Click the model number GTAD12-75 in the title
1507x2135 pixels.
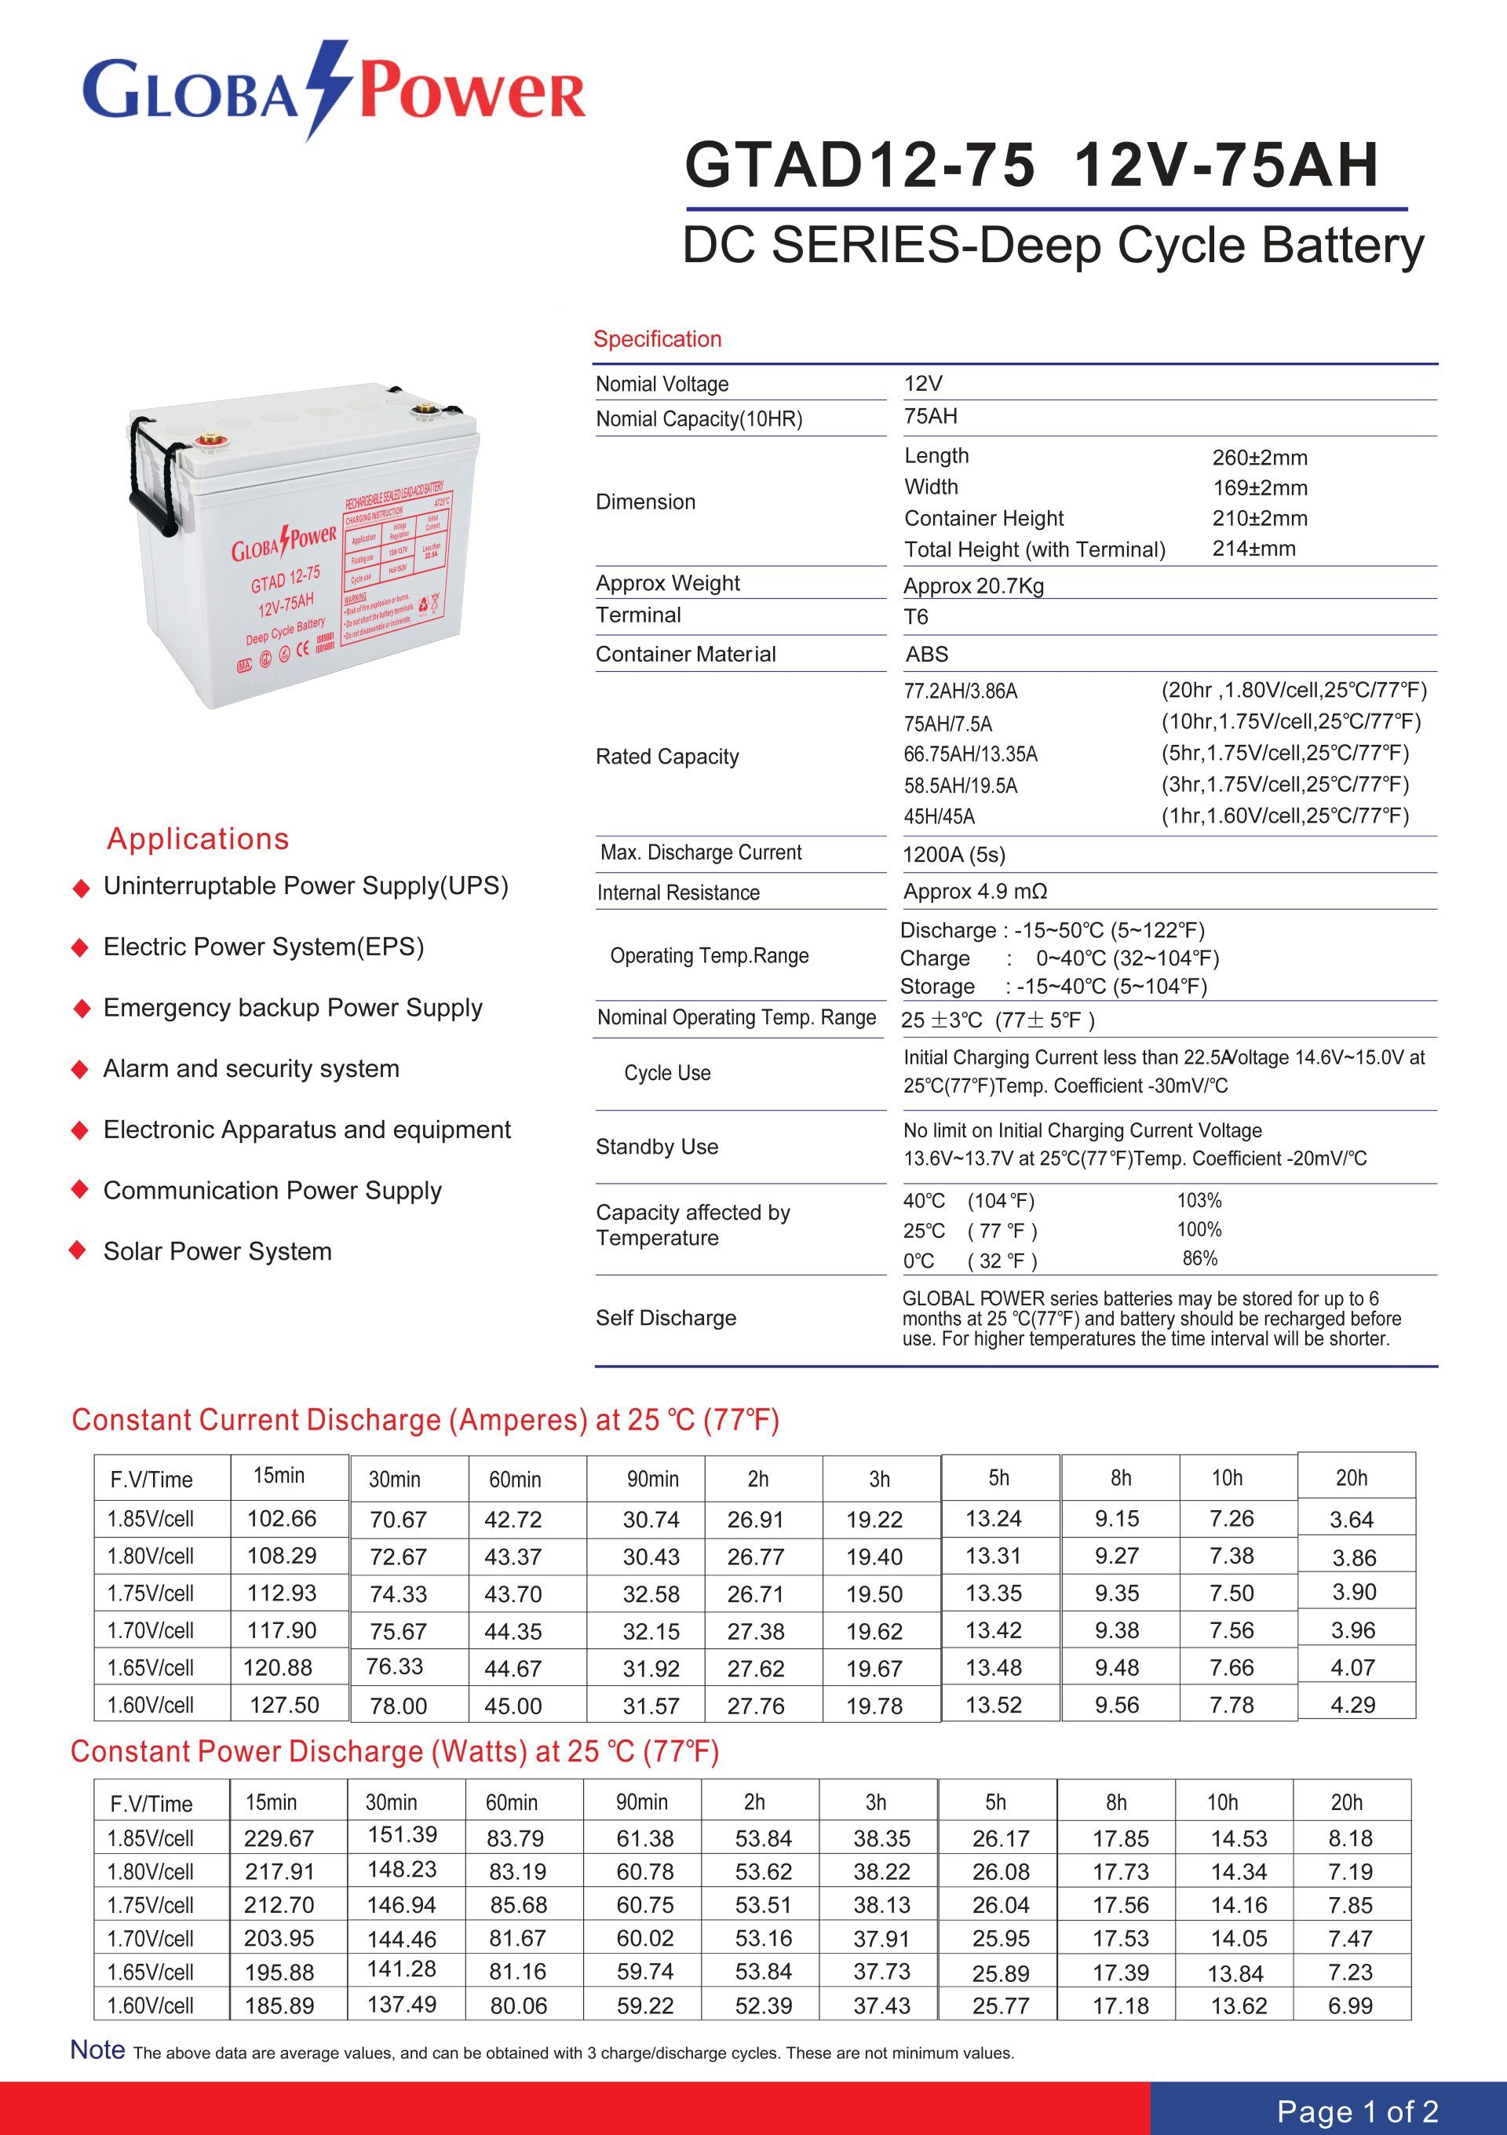pos(859,166)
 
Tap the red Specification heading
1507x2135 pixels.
pos(657,339)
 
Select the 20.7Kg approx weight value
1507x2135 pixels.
pos(973,586)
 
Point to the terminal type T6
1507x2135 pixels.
pos(916,618)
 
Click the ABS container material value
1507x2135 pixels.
pos(927,655)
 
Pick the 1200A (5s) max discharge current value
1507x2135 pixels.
pos(954,855)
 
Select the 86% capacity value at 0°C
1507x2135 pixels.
pos(1199,1258)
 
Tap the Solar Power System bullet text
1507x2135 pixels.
pos(217,1252)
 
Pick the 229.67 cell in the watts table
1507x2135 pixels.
pos(279,1838)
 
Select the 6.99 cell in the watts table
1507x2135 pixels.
pos(1350,2005)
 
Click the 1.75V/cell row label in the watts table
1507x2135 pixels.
pos(151,1905)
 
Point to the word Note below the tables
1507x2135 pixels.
pos(97,2049)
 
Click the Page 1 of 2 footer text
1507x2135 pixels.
pos(1357,2111)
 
